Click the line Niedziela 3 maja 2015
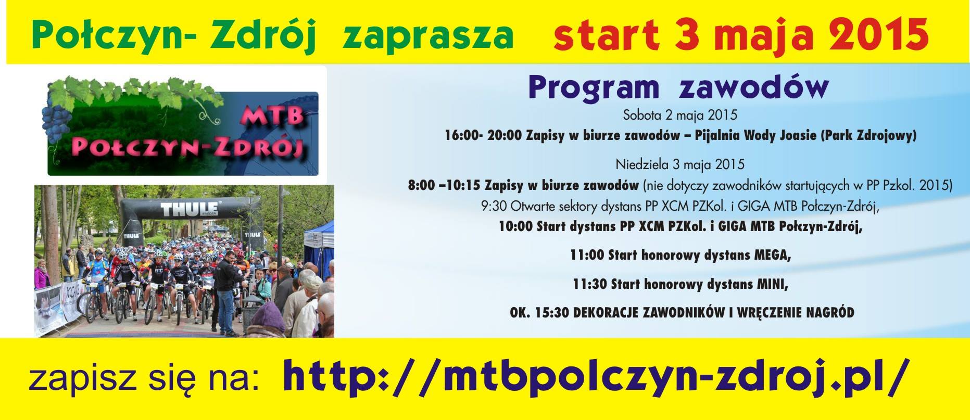pos(680,164)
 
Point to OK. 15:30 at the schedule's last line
pos(535,313)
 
